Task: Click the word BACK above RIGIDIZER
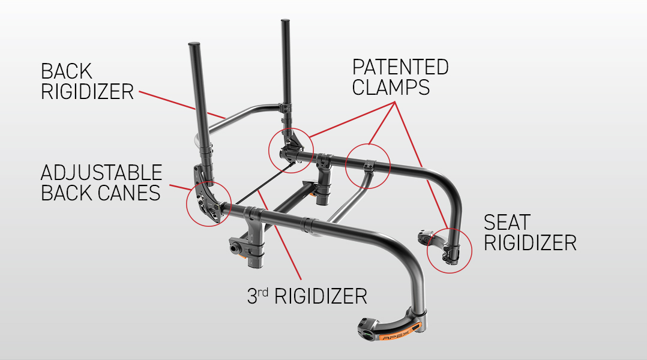click(x=66, y=71)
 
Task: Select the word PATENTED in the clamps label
click(x=400, y=67)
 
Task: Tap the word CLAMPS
click(x=391, y=87)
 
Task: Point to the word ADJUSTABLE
click(x=101, y=173)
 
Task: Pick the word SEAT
click(x=507, y=223)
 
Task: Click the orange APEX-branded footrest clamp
click(x=392, y=328)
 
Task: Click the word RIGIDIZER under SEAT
click(x=530, y=243)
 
